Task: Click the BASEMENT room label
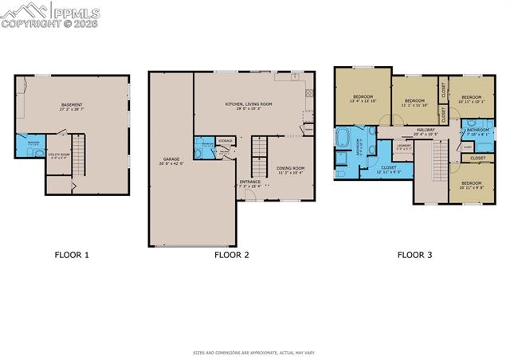pyautogui.click(x=74, y=105)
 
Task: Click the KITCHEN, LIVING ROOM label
pyautogui.click(x=248, y=104)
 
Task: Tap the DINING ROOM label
pyautogui.click(x=291, y=168)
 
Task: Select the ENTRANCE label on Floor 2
pyautogui.click(x=250, y=182)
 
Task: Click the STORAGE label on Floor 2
pyautogui.click(x=226, y=141)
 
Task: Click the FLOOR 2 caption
pyautogui.click(x=232, y=255)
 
